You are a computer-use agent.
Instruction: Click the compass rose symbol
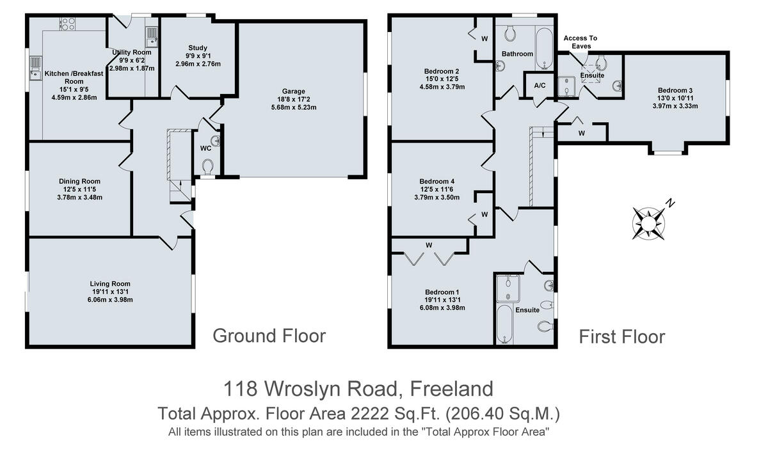click(x=649, y=221)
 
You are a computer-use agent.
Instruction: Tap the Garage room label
click(x=294, y=91)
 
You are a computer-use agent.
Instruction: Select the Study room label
click(x=198, y=48)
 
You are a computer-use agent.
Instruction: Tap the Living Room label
click(x=110, y=283)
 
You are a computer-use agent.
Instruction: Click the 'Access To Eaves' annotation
click(x=580, y=42)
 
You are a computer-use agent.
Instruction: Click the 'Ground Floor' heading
click(x=269, y=335)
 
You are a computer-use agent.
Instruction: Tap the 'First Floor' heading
click(x=621, y=336)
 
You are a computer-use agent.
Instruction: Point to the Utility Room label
click(x=131, y=52)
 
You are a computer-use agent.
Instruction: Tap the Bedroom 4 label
click(x=436, y=180)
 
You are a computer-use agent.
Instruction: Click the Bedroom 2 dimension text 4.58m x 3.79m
click(x=442, y=88)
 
